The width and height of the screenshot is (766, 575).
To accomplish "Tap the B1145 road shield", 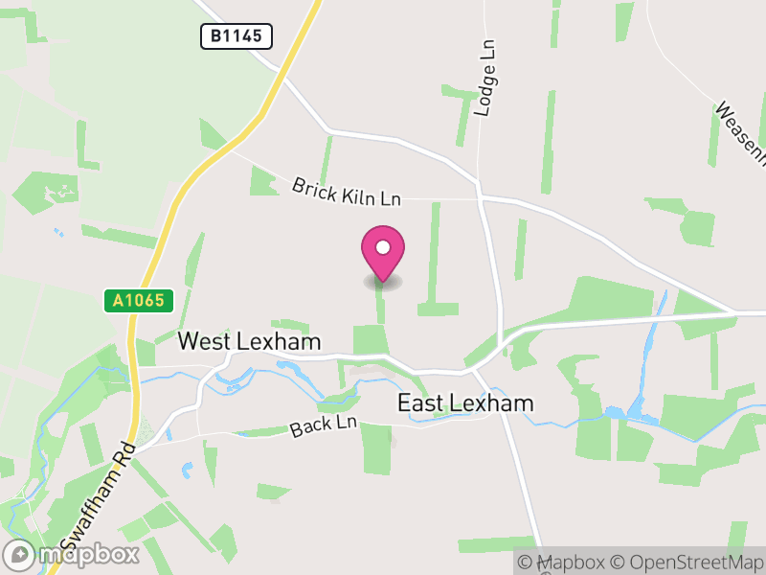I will [x=237, y=37].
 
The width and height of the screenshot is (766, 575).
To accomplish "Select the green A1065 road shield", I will [x=139, y=301].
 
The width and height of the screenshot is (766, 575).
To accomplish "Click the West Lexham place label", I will [x=249, y=342].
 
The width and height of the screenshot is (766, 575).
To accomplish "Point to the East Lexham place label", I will [x=465, y=403].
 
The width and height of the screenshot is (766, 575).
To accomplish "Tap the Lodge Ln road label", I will [x=486, y=79].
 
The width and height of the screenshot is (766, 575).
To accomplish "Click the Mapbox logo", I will [x=73, y=554].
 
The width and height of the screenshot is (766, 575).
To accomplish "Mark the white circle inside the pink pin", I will [x=383, y=248].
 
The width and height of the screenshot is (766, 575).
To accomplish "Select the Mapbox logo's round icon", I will [x=19, y=554].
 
